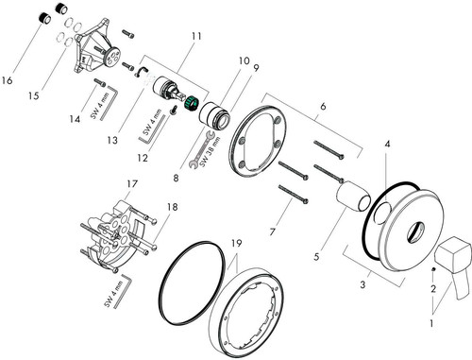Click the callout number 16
coord(7,80)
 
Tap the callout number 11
coord(196,36)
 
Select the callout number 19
coord(237,243)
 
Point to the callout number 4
coord(387,144)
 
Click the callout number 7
coord(273,232)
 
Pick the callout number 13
coord(112,140)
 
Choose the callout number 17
coord(132,183)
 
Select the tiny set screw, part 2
coord(433,269)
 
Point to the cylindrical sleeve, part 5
coord(352,197)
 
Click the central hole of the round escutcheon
coord(416,233)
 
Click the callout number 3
coord(362,284)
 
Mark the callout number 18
coord(173,207)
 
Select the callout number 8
coord(176,178)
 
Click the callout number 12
coord(143,158)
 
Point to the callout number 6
coord(323,107)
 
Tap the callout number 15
coord(34,95)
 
